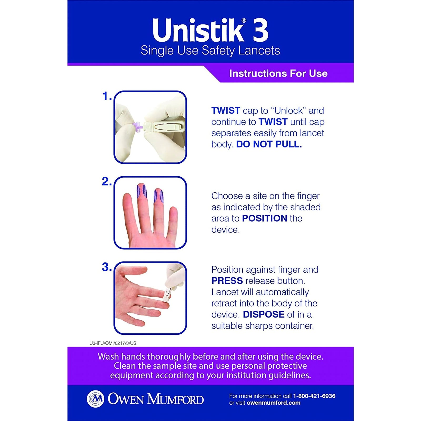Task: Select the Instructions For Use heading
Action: coord(278,73)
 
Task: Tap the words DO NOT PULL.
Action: coord(269,144)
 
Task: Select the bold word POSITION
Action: coord(264,218)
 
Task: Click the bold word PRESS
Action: coord(227,281)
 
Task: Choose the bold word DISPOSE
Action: coord(263,314)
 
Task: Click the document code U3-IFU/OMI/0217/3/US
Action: coord(113,343)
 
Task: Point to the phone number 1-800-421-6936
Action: coord(314,396)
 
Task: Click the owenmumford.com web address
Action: coord(273,403)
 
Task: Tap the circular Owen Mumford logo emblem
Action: coord(95,399)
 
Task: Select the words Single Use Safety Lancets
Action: coord(210,51)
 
